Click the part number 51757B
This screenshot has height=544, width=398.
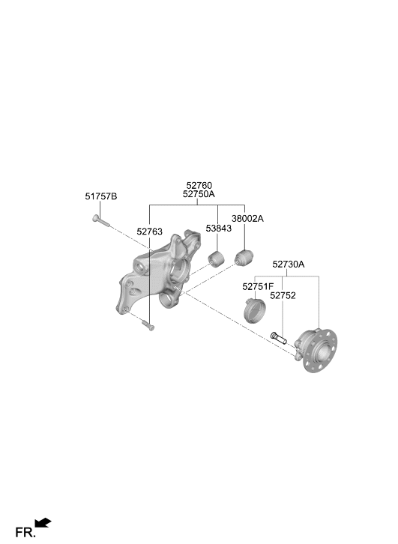(x=101, y=196)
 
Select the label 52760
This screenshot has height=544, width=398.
(x=199, y=186)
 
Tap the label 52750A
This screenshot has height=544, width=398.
(x=199, y=194)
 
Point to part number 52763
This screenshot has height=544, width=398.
(x=150, y=232)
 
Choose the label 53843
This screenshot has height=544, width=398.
(x=219, y=229)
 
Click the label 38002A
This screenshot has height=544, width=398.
(x=248, y=219)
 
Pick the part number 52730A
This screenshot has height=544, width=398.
(x=289, y=265)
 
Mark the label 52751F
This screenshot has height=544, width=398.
(x=258, y=287)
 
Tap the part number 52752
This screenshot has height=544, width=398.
(x=283, y=295)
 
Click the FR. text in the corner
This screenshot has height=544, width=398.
(x=25, y=533)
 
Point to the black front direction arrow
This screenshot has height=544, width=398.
(x=43, y=522)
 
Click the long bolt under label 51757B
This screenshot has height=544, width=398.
(x=100, y=220)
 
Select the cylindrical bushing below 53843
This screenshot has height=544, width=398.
(x=216, y=259)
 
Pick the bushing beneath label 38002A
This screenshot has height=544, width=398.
(x=244, y=257)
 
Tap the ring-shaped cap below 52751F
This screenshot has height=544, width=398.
(x=255, y=309)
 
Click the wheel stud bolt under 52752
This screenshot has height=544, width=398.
(x=278, y=338)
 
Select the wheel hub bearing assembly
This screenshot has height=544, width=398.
(x=316, y=351)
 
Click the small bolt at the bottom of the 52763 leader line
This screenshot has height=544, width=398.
(x=148, y=325)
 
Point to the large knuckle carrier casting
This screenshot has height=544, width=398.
(x=158, y=272)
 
